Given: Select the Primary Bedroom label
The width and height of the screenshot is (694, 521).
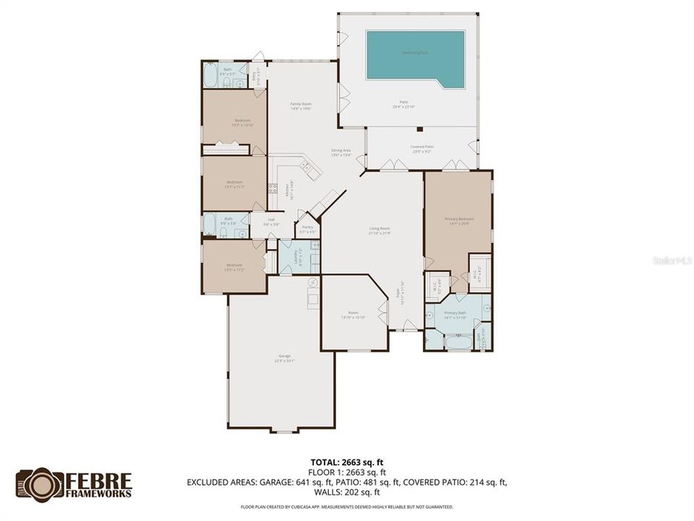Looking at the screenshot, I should (x=459, y=220).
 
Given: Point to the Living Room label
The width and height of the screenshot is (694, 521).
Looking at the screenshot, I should (x=380, y=230).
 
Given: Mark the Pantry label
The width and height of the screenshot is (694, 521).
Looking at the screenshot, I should (x=307, y=229).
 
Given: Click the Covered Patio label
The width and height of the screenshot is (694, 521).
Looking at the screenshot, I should (x=421, y=148).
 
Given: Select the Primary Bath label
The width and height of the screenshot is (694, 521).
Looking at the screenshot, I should (x=458, y=314).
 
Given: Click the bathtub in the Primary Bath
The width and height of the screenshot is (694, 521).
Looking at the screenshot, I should (x=457, y=342).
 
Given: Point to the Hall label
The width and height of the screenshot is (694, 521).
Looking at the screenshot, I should (x=271, y=222).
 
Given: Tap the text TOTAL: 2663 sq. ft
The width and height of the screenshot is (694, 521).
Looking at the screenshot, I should (x=347, y=461).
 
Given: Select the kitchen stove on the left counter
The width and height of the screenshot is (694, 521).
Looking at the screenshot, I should (x=273, y=190).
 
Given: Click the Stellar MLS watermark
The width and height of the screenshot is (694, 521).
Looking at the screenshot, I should (x=671, y=258).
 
